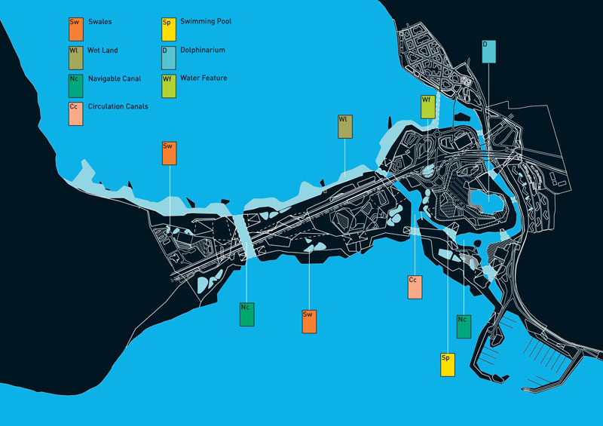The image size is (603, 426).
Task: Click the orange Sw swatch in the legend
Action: coord(74,29)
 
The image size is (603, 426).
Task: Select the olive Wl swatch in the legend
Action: coord(74,57)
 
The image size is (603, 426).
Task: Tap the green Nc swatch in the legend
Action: coord(74,85)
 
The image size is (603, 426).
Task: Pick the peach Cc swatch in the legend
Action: coord(74,113)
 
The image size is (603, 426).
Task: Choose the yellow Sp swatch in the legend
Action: coord(168,29)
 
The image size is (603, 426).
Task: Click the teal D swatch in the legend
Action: coord(168,57)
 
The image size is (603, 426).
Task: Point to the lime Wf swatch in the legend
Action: coord(168,85)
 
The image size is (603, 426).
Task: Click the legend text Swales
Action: coord(99,23)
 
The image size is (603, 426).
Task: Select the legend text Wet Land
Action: coord(103,51)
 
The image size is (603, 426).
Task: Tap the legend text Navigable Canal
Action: coord(115,78)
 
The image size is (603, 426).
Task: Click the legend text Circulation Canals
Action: coord(118,106)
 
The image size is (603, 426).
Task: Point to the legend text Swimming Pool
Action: coord(206,22)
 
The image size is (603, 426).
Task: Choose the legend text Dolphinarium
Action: coord(202,51)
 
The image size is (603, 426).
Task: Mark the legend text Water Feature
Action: coord(204,78)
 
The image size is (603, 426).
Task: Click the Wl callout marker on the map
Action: coord(344,127)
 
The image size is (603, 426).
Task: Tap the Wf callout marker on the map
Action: coord(428,106)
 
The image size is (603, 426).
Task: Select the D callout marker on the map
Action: coord(489,51)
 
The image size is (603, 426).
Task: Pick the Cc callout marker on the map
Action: coord(415,287)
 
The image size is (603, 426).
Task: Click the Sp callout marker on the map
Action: coord(448,364)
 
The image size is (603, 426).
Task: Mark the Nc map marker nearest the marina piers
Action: coord(464,326)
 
